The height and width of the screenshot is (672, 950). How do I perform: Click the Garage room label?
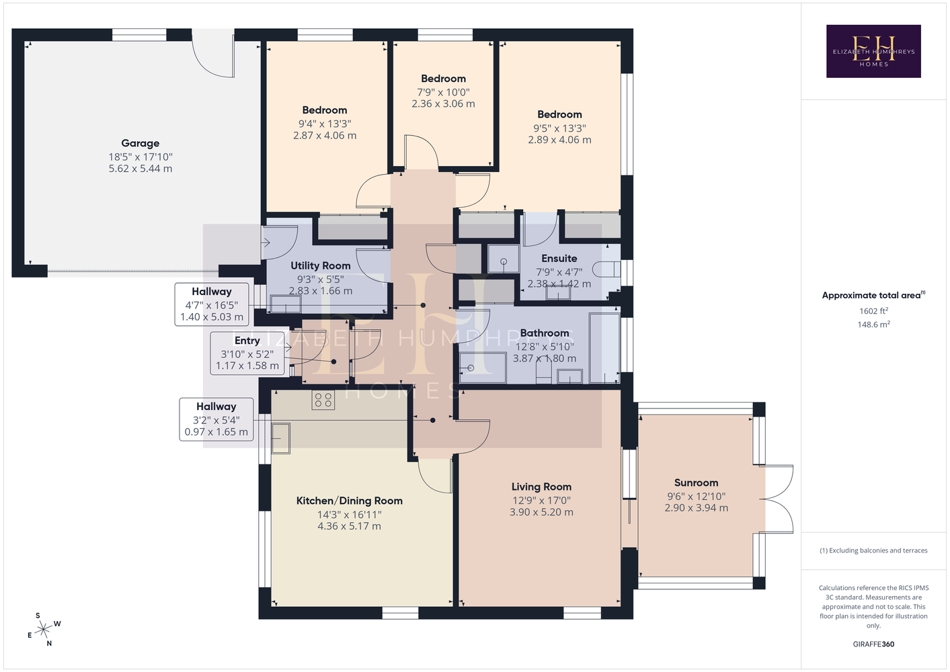[141, 143]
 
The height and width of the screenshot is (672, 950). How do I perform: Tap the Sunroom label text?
[696, 482]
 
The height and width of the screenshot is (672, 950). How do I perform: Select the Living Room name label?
[541, 487]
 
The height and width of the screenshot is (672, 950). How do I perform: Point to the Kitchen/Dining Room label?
[349, 501]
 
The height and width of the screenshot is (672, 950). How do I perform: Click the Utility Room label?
[320, 266]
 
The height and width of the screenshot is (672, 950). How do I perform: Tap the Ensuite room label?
[559, 258]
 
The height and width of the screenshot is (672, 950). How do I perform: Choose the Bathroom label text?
[545, 333]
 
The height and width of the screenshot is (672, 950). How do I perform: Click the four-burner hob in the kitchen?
[323, 400]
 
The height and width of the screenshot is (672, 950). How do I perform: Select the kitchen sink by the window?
[281, 438]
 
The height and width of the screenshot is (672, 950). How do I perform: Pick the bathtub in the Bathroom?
[605, 348]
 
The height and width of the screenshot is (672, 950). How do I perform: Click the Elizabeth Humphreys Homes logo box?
[873, 51]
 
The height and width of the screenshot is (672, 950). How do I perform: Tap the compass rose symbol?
[44, 630]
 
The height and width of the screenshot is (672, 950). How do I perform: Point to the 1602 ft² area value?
[873, 310]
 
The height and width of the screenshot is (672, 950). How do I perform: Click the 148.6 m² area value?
[873, 325]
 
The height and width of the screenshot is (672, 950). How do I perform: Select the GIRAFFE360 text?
[873, 644]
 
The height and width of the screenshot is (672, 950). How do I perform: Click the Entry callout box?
[247, 353]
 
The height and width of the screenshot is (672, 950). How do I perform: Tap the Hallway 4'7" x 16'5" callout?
[212, 304]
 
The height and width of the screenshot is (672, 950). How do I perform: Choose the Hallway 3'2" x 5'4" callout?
[216, 419]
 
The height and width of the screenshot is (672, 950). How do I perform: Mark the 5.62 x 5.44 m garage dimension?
[141, 168]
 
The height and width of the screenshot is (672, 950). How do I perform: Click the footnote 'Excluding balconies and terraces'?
[873, 550]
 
